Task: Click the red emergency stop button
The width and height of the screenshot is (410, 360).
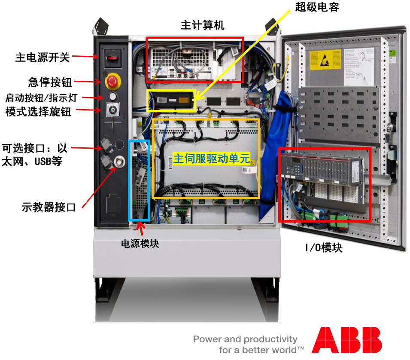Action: [x=113, y=80]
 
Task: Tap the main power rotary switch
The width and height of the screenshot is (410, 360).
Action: [x=112, y=57]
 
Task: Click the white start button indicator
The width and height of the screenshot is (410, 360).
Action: [x=113, y=95]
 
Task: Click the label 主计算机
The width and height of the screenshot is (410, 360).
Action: [x=202, y=25]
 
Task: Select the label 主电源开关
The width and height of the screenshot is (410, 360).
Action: [x=42, y=57]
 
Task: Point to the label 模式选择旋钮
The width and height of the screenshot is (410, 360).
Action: [x=38, y=112]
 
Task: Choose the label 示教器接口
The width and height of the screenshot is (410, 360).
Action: [x=49, y=207]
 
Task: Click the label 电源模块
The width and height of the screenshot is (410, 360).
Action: [x=140, y=244]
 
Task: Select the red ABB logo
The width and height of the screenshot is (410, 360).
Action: [x=346, y=340]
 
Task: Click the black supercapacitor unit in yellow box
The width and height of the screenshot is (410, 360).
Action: [x=171, y=101]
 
